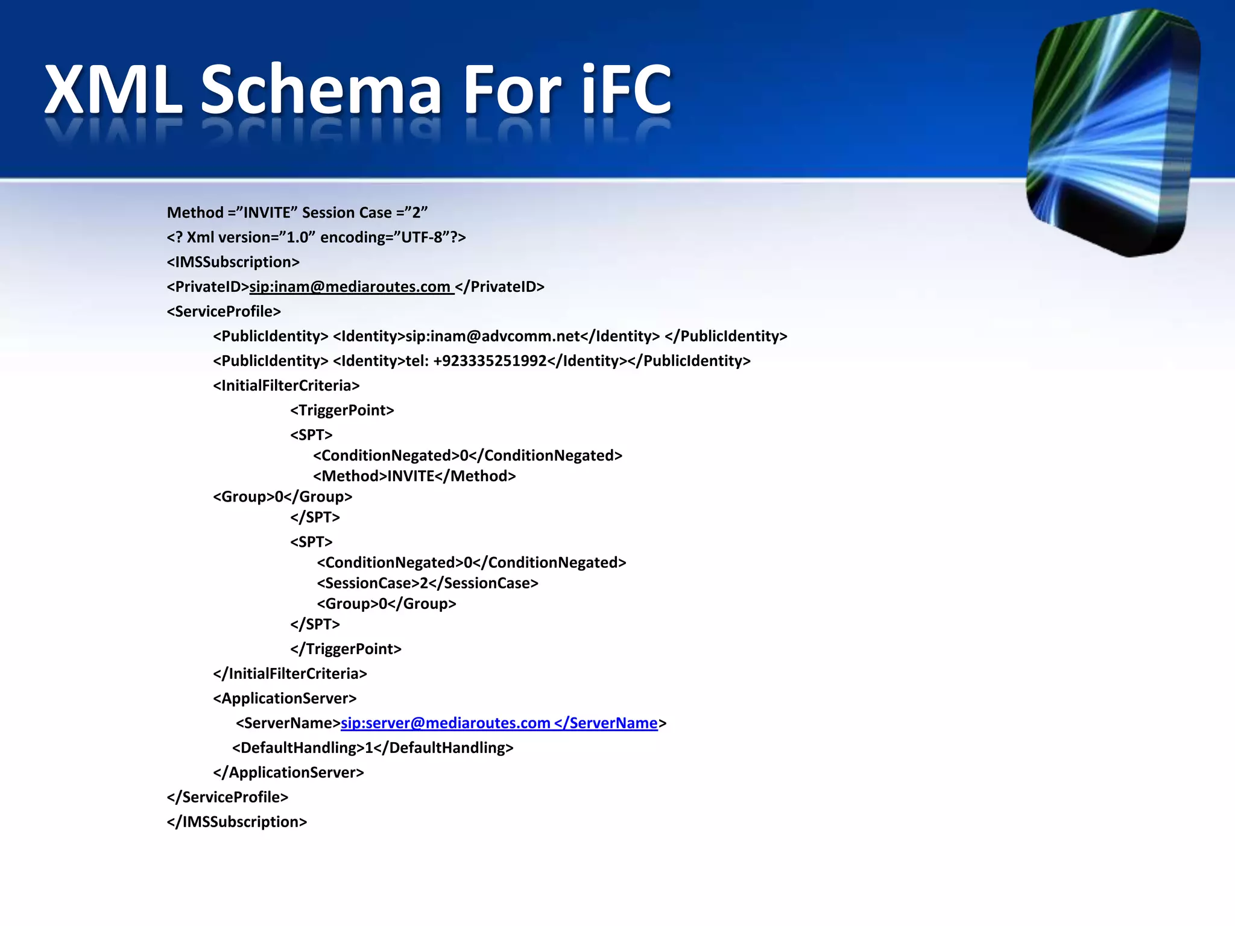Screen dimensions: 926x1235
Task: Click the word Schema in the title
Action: click(x=320, y=90)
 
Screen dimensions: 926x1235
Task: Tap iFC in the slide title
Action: click(x=626, y=90)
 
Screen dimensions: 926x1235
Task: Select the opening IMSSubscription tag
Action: click(x=233, y=262)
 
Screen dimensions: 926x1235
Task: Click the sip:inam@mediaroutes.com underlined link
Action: click(x=350, y=287)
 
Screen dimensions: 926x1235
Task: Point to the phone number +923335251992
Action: click(x=490, y=361)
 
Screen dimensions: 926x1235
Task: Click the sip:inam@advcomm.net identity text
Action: click(x=492, y=336)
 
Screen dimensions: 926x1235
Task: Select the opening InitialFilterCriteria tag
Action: click(x=286, y=386)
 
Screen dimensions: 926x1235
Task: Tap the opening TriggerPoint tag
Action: click(x=342, y=411)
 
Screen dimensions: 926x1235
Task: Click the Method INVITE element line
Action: click(x=414, y=476)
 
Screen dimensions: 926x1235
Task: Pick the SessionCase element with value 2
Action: click(x=428, y=584)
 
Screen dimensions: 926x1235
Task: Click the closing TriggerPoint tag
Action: click(x=346, y=649)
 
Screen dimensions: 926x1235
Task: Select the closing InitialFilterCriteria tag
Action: click(x=289, y=674)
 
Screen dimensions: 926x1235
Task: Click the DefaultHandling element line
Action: click(x=373, y=748)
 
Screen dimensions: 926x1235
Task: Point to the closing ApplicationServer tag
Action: click(x=288, y=773)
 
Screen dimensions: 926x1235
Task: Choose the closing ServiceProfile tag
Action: click(x=227, y=798)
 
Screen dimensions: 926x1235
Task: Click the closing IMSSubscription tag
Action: click(x=236, y=822)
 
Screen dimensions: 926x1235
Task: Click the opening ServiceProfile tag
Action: click(x=224, y=312)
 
